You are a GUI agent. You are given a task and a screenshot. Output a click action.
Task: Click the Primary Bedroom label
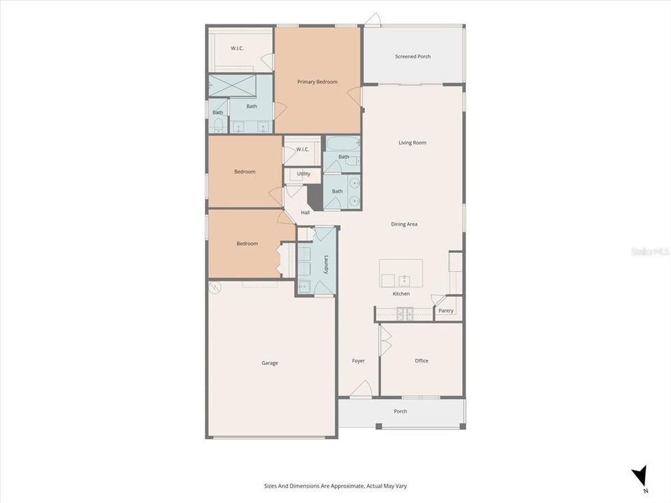pos(317,82)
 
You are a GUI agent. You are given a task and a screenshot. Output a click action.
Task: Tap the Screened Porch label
pos(412,57)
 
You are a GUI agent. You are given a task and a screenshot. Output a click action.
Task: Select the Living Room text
pos(412,143)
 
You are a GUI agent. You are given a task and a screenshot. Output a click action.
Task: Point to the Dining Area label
pos(404,224)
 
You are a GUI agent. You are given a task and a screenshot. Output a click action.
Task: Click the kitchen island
pos(401,272)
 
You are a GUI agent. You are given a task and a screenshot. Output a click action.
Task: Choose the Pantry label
pos(446,311)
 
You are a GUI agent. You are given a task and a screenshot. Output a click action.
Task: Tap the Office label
pos(421,361)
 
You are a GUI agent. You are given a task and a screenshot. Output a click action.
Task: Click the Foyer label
pos(359,361)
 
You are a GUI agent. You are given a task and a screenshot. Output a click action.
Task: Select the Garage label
pos(270,363)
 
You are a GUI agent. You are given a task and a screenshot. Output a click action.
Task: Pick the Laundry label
pos(326,263)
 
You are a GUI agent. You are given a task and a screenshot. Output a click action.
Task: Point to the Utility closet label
pos(303,174)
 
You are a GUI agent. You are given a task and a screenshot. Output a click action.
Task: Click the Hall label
pos(305,212)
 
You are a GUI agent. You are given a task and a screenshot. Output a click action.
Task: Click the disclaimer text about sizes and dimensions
pos(335,486)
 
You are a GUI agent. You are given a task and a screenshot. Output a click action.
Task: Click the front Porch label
pos(401,411)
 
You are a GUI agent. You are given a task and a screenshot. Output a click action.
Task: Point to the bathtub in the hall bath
pos(342,144)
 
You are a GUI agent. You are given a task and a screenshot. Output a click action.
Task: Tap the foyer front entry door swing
pos(361,389)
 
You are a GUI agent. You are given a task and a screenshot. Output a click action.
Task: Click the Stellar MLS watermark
pos(649,251)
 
